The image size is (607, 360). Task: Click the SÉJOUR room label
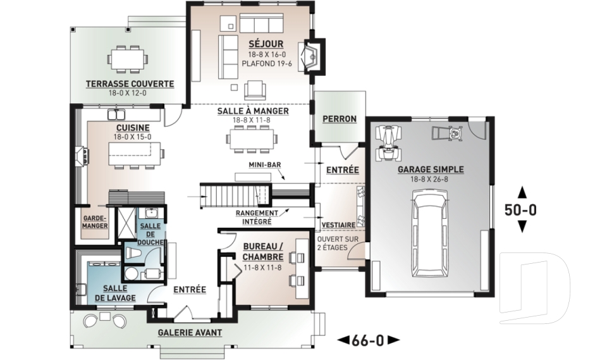tap(266, 44)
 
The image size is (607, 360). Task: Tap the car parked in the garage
tap(430, 233)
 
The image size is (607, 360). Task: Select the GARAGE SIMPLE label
tap(431, 170)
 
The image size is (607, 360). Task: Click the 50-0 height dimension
tap(520, 210)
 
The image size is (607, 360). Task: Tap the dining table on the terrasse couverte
tap(128, 59)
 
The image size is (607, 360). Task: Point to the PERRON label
tap(340, 119)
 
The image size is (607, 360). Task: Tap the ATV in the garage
tap(388, 143)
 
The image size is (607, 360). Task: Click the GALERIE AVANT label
tap(190, 333)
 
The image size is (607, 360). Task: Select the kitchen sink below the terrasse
tap(116, 115)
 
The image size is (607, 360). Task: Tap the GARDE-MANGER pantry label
tap(95, 222)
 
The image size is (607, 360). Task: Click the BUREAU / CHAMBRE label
tap(263, 252)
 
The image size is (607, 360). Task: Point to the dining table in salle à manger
tap(252, 139)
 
